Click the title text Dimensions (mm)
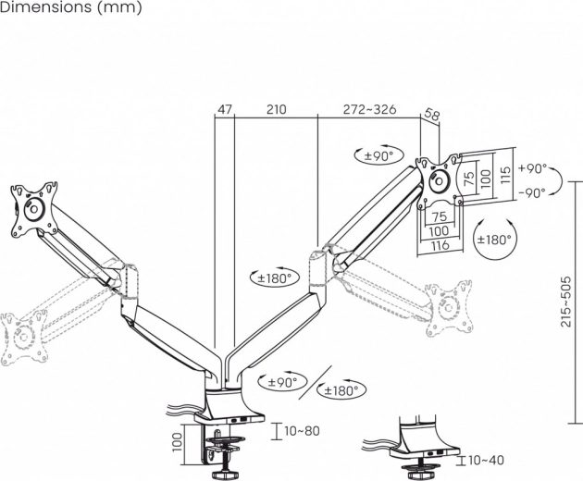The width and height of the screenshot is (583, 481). pyautogui.click(x=71, y=8)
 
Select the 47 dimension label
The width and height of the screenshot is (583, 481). pyautogui.click(x=224, y=109)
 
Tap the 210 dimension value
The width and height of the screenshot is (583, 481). pyautogui.click(x=275, y=109)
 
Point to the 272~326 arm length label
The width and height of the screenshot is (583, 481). pyautogui.click(x=369, y=109)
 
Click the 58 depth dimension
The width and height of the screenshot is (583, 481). pyautogui.click(x=431, y=117)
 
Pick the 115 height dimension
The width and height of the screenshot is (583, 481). pyautogui.click(x=505, y=176)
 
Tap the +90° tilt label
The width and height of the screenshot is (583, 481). pyautogui.click(x=533, y=169)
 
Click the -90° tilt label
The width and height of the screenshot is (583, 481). pyautogui.click(x=533, y=192)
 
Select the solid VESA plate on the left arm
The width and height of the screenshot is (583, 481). pyautogui.click(x=34, y=210)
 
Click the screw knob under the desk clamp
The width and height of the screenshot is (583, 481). pyautogui.click(x=224, y=475)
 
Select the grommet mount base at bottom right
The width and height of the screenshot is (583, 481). pyautogui.click(x=427, y=443)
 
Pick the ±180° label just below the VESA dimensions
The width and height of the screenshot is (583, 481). pyautogui.click(x=494, y=239)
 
